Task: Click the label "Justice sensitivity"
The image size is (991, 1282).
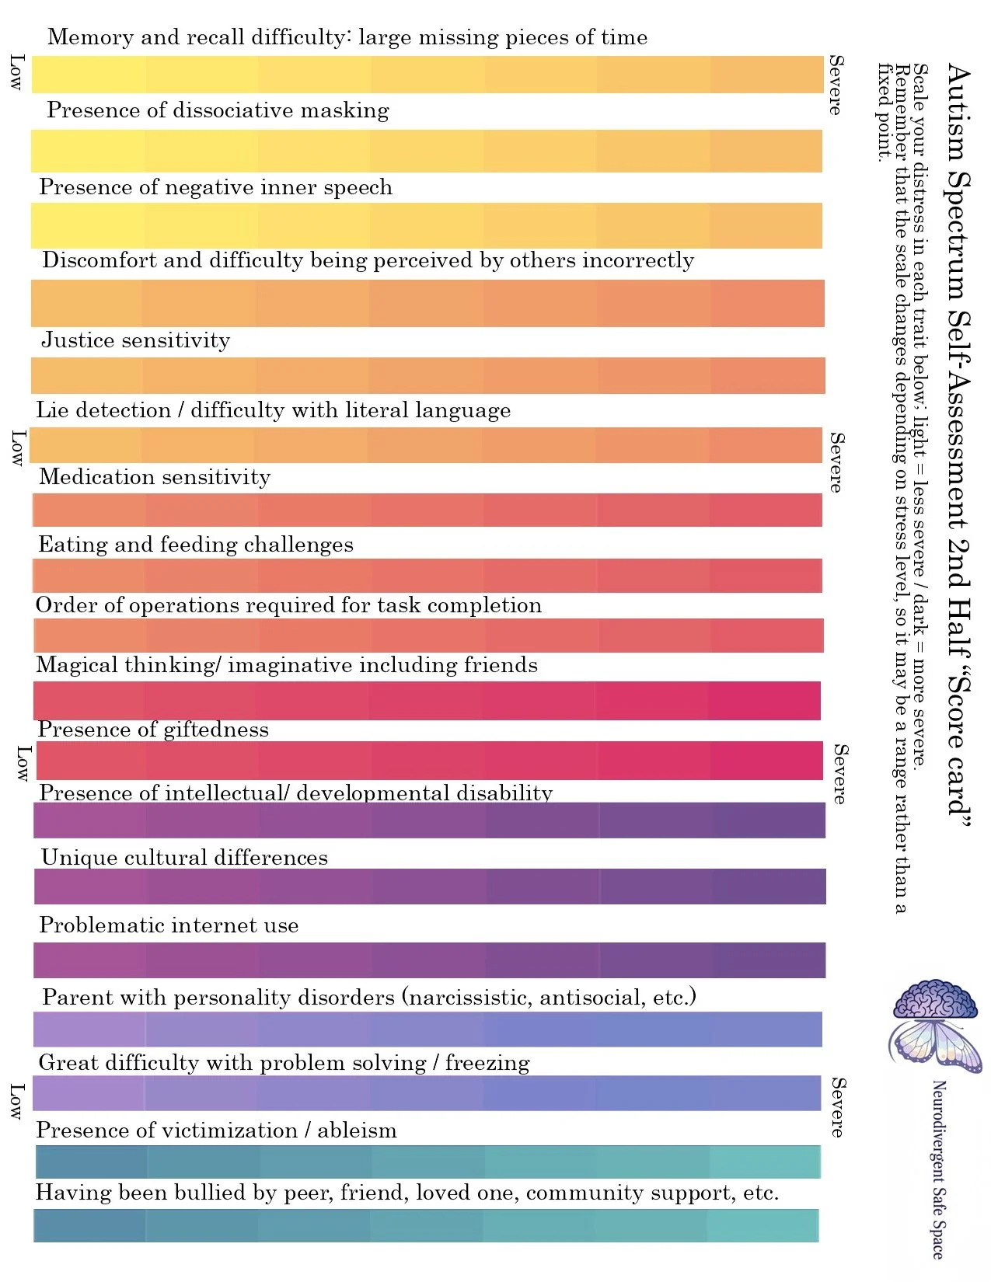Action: click(136, 340)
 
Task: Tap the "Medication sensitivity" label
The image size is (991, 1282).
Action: click(155, 477)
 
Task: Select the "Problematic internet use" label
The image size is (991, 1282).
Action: click(169, 925)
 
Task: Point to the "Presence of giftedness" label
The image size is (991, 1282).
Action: click(153, 730)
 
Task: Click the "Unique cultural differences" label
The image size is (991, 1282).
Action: click(184, 858)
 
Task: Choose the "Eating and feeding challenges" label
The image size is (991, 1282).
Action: click(196, 545)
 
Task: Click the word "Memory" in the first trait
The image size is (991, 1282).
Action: click(91, 37)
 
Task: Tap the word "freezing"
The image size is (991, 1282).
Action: click(487, 1063)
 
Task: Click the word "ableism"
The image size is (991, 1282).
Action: click(357, 1130)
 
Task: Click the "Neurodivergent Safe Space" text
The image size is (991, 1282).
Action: click(938, 1170)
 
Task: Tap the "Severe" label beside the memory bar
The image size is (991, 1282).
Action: click(836, 85)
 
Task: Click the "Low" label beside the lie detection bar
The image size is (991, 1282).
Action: click(19, 448)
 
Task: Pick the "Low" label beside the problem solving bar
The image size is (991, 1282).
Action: click(16, 1102)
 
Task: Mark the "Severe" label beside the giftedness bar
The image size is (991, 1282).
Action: click(840, 774)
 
